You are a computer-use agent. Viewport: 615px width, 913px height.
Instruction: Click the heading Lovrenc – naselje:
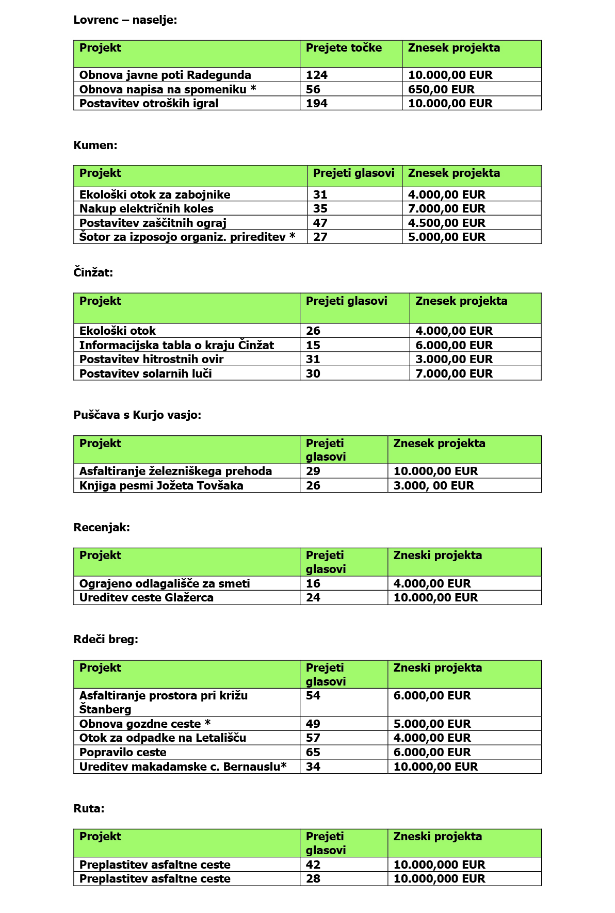click(x=125, y=20)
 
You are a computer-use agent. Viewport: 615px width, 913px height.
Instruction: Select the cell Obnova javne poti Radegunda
click(x=165, y=75)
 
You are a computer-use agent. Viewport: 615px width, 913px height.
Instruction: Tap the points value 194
click(x=317, y=103)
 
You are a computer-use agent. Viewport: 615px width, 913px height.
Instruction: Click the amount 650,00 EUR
click(x=441, y=89)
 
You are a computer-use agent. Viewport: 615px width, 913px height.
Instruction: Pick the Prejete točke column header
click(x=344, y=48)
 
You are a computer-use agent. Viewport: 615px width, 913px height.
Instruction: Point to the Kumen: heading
click(x=95, y=145)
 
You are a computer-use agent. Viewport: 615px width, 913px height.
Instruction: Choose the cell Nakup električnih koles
click(x=147, y=208)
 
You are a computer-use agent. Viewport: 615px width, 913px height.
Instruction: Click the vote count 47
click(x=320, y=223)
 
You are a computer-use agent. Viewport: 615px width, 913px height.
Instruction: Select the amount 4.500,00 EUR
click(x=446, y=223)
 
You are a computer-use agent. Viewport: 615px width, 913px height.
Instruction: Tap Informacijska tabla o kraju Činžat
click(x=176, y=345)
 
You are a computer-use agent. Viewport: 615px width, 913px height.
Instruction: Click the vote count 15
click(x=313, y=345)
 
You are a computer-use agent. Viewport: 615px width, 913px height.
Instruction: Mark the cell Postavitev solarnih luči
click(x=145, y=373)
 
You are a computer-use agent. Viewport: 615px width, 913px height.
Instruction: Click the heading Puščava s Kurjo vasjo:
click(x=137, y=415)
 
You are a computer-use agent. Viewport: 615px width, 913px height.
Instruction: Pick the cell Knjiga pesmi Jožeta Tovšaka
click(x=161, y=485)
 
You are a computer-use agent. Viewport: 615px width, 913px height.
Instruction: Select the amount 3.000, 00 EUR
click(x=433, y=485)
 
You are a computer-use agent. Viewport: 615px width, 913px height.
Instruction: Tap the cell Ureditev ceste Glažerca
click(x=147, y=597)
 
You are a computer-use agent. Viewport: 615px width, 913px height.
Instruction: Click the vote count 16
click(x=313, y=583)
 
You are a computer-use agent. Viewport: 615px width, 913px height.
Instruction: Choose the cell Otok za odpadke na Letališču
click(x=163, y=738)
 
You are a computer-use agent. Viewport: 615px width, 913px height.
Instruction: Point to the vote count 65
click(x=313, y=752)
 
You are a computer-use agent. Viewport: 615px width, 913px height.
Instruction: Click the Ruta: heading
click(x=89, y=808)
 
